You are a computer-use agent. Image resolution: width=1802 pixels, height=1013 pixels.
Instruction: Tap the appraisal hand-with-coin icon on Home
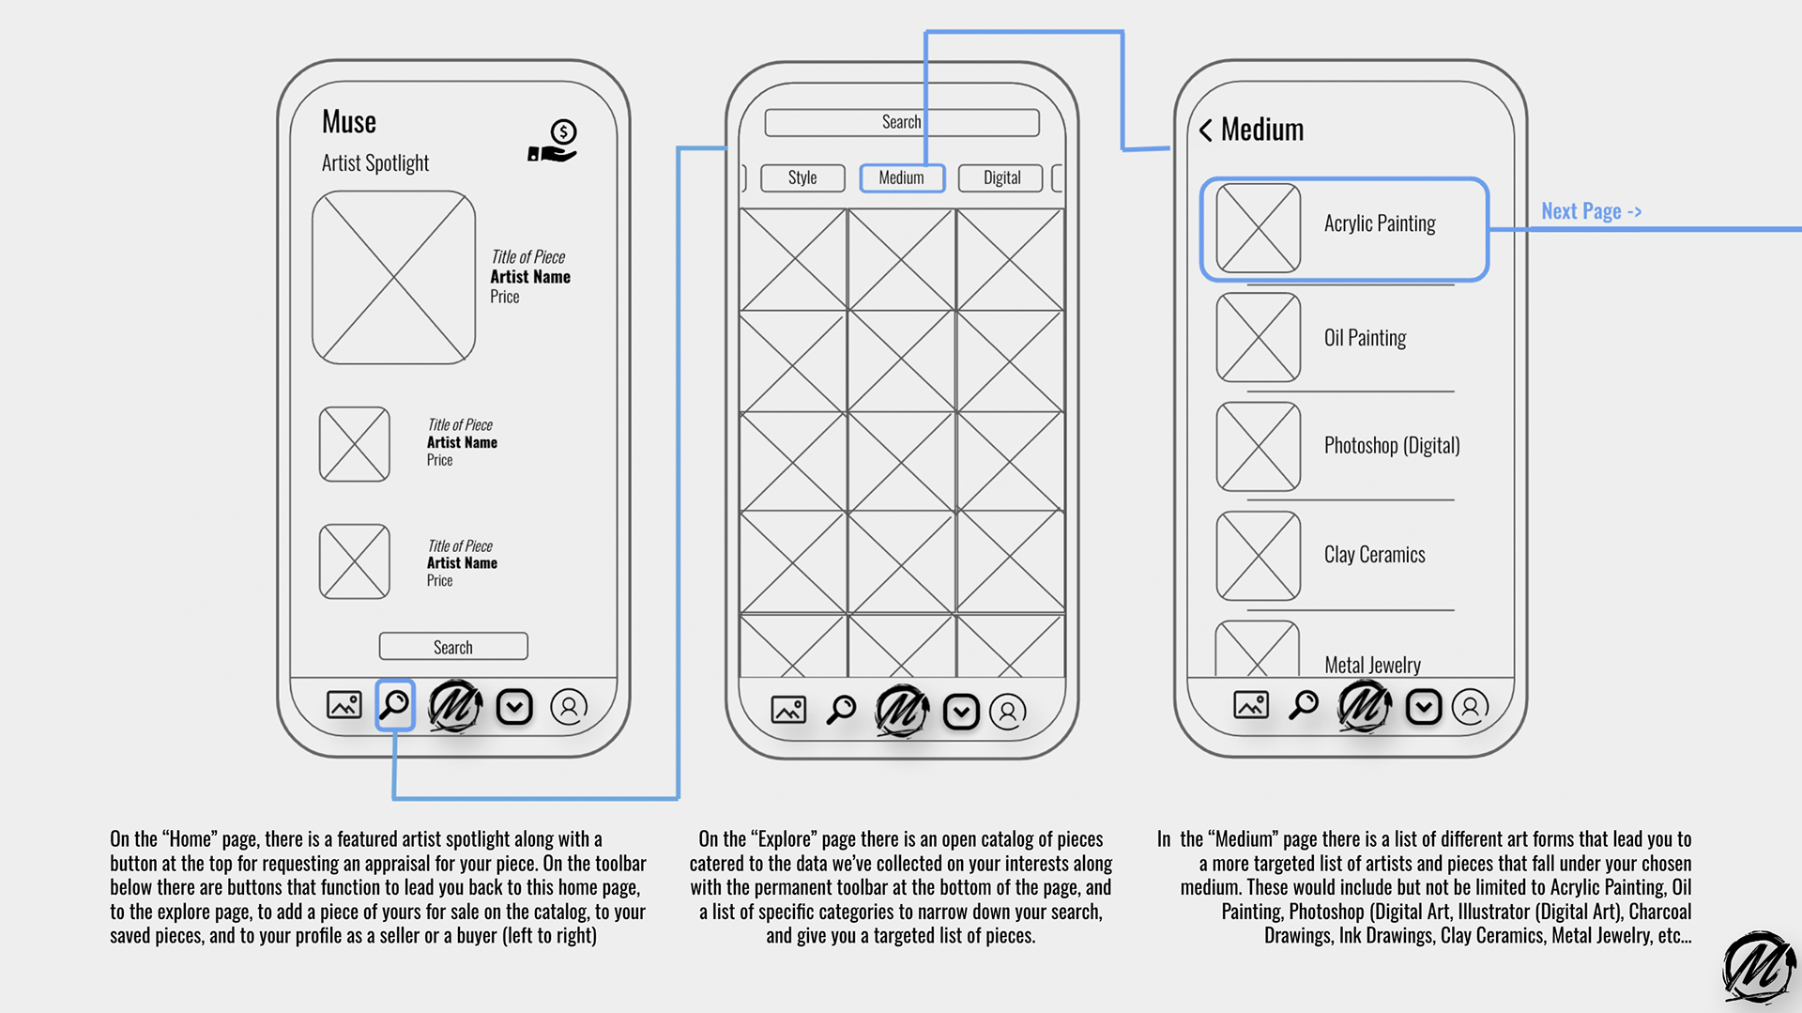pyautogui.click(x=553, y=142)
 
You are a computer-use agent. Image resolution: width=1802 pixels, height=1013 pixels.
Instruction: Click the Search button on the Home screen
pyautogui.click(x=453, y=647)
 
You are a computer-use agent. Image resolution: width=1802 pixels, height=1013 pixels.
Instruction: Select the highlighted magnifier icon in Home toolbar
pyautogui.click(x=395, y=705)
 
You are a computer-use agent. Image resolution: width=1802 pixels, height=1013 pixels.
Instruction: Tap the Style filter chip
pyautogui.click(x=802, y=177)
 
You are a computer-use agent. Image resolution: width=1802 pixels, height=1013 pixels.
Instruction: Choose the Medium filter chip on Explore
pyautogui.click(x=902, y=177)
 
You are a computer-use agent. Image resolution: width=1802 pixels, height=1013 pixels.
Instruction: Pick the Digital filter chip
pyautogui.click(x=1001, y=177)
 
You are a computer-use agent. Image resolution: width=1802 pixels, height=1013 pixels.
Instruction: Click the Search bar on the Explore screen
pyautogui.click(x=901, y=122)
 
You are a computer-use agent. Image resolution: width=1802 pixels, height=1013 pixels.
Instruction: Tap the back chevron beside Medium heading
pyautogui.click(x=1205, y=130)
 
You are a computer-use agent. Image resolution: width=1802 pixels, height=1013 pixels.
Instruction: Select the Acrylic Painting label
pyautogui.click(x=1380, y=223)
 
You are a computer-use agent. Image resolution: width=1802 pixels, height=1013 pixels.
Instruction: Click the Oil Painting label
pyautogui.click(x=1365, y=338)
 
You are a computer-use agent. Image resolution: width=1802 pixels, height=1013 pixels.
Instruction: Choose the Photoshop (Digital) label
pyautogui.click(x=1392, y=445)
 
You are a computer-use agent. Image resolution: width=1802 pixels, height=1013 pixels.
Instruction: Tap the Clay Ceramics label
pyautogui.click(x=1374, y=555)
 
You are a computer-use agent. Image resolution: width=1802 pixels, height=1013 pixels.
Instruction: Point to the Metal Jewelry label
pyautogui.click(x=1372, y=665)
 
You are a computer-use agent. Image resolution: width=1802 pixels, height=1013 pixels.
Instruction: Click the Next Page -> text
pyautogui.click(x=1591, y=211)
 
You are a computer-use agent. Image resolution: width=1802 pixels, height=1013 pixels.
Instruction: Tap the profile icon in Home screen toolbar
pyautogui.click(x=569, y=707)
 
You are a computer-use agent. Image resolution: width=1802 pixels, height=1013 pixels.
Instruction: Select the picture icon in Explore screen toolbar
pyautogui.click(x=788, y=710)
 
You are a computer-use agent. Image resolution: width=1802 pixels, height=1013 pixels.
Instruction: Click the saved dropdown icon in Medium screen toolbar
pyautogui.click(x=1423, y=707)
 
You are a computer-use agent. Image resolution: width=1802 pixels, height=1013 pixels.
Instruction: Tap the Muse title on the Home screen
pyautogui.click(x=349, y=122)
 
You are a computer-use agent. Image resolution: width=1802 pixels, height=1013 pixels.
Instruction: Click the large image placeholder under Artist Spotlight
pyautogui.click(x=394, y=278)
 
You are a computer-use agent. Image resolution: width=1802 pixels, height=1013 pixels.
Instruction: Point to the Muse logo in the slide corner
pyautogui.click(x=1758, y=967)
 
